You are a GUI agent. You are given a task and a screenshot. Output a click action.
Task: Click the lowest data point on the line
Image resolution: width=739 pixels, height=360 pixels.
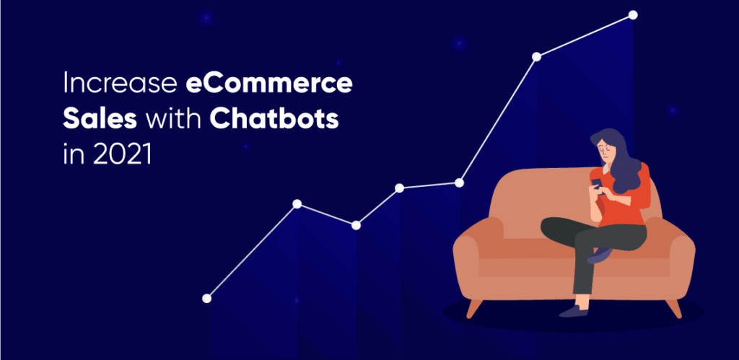pyautogui.click(x=207, y=298)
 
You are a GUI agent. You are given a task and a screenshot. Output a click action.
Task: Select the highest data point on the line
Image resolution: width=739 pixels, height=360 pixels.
pyautogui.click(x=633, y=14)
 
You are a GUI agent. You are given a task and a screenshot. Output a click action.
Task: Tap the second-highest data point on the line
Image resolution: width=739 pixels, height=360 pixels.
pyautogui.click(x=536, y=56)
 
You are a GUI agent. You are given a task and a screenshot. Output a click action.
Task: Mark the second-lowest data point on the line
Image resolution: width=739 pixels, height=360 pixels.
pyautogui.click(x=356, y=226)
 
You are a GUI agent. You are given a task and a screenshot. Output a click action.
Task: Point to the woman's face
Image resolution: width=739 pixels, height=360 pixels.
pyautogui.click(x=604, y=149)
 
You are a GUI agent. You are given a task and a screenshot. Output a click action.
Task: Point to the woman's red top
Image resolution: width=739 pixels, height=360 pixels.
pyautogui.click(x=628, y=206)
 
